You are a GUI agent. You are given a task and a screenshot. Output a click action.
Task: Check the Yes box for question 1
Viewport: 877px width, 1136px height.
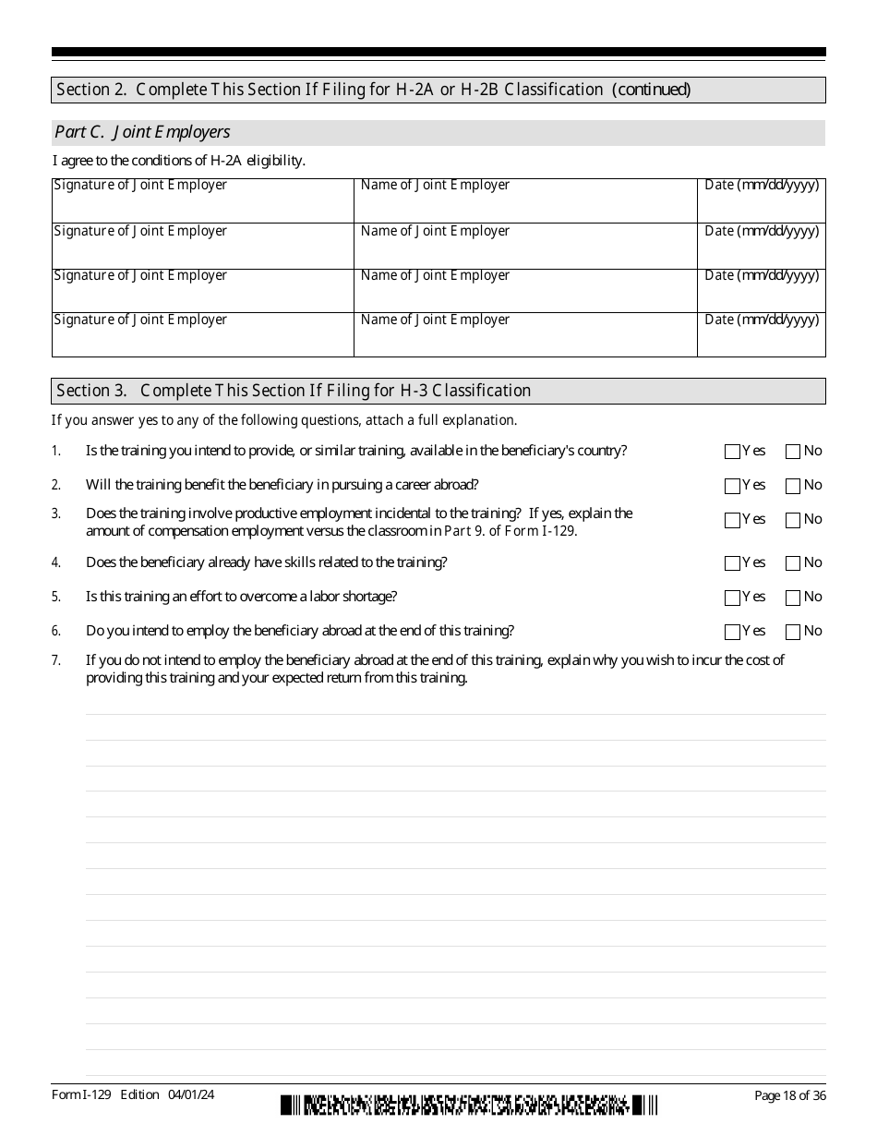click(732, 452)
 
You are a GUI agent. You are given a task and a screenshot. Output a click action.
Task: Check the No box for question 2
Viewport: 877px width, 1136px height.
click(792, 486)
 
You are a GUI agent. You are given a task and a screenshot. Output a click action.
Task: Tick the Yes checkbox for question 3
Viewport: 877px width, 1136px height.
click(732, 520)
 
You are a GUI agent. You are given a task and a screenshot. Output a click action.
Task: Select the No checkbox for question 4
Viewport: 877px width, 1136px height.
click(792, 563)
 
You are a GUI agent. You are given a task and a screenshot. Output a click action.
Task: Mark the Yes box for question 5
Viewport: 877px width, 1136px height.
click(732, 598)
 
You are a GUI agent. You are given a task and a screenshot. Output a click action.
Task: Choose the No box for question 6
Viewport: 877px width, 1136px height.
click(792, 632)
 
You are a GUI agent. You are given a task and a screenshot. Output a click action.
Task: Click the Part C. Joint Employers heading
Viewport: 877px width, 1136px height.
click(143, 132)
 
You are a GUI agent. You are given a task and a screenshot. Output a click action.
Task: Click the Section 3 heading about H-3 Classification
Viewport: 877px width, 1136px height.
click(294, 391)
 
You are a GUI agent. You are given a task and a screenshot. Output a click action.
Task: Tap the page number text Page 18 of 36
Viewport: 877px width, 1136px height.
click(789, 1095)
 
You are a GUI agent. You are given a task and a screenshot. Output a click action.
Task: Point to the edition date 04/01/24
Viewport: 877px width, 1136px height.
click(191, 1094)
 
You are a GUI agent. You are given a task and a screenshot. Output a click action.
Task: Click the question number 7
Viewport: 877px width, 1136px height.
click(56, 660)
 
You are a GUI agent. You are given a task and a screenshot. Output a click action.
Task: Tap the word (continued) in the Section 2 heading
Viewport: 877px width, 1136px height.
click(651, 90)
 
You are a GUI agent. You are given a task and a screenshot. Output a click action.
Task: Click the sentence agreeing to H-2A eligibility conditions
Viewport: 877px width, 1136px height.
click(179, 161)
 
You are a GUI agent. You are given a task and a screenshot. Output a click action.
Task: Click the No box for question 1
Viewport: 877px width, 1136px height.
click(792, 452)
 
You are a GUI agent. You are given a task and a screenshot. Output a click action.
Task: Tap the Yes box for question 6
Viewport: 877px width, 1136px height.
click(732, 632)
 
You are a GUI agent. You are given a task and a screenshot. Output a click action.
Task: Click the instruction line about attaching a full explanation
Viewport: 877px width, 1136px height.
click(284, 420)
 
